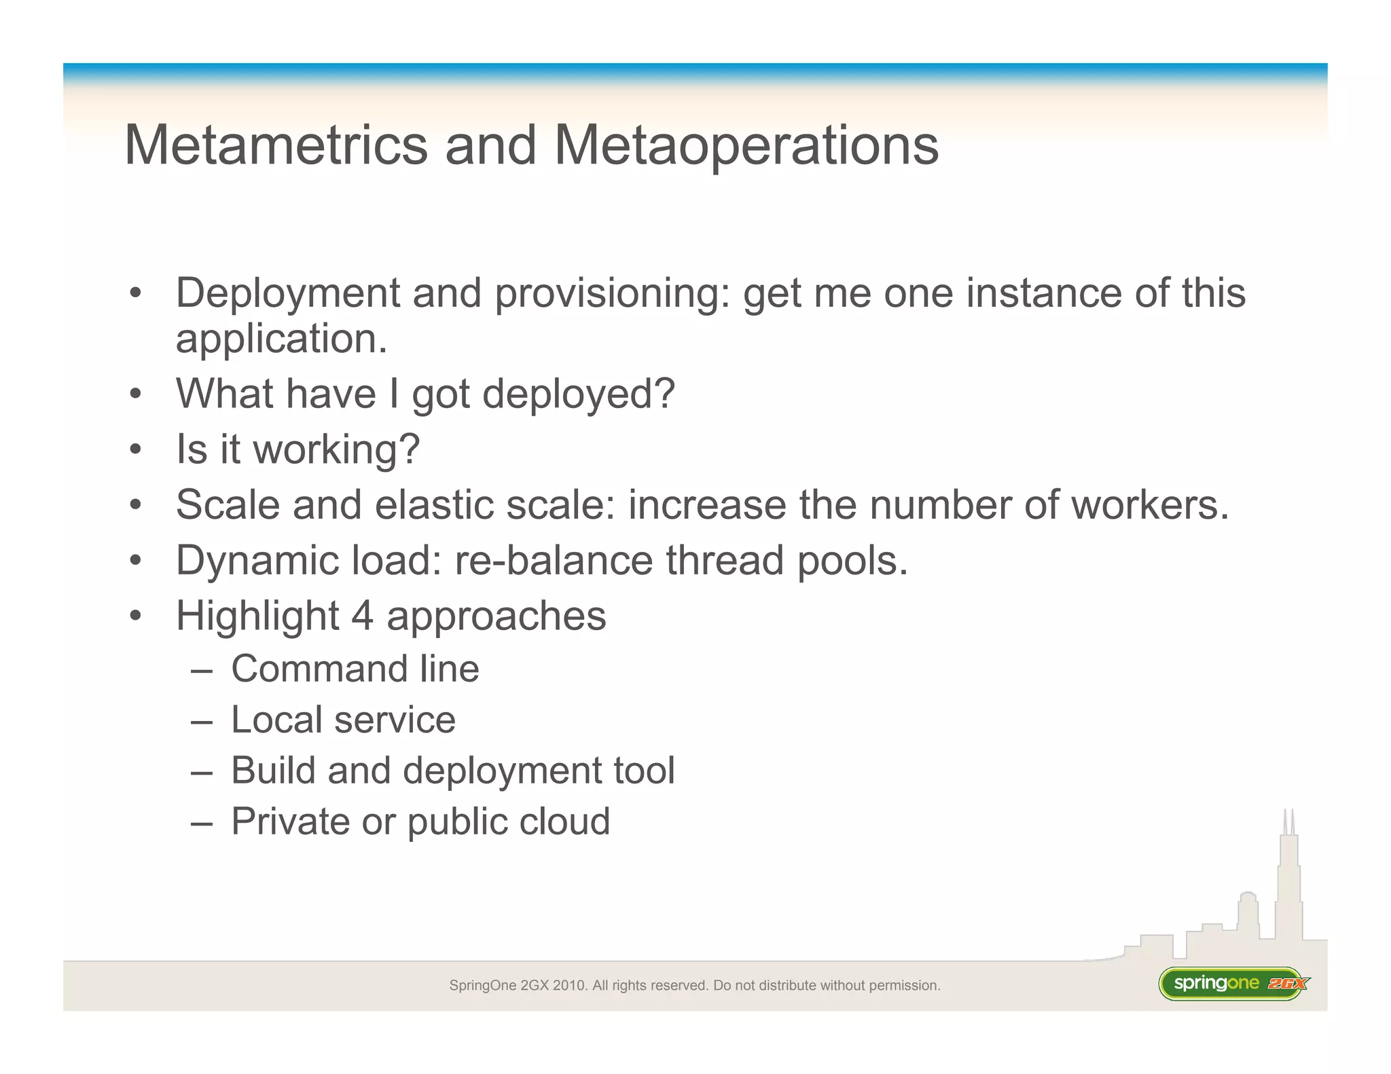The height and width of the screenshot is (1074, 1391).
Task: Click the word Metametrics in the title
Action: tap(276, 145)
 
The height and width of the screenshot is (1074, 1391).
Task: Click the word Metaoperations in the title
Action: tap(746, 145)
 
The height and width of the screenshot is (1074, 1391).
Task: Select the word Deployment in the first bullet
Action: tap(287, 294)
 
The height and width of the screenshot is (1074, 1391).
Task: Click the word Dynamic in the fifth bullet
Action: tap(257, 561)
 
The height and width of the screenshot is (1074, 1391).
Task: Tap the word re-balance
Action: tap(554, 561)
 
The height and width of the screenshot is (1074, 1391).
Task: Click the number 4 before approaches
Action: tap(362, 616)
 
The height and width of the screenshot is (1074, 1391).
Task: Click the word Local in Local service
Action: tap(276, 720)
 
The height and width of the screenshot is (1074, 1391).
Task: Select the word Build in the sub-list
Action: tap(273, 771)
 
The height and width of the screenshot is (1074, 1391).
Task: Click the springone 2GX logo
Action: tap(1233, 984)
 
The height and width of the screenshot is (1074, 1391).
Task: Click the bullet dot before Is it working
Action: tap(136, 449)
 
